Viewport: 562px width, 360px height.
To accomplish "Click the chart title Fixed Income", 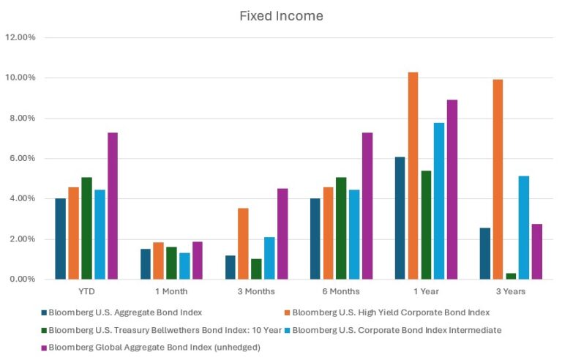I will [281, 15].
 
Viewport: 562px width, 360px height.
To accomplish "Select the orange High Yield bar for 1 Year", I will [413, 176].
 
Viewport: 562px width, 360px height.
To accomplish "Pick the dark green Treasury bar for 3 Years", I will [511, 276].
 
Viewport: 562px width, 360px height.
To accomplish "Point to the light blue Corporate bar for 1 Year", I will [439, 200].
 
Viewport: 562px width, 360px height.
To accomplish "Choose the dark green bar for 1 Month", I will [171, 263].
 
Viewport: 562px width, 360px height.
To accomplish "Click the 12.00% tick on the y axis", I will [20, 37].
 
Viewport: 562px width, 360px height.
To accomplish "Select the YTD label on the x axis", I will [86, 291].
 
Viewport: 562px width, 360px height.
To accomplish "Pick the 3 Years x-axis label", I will [511, 291].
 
